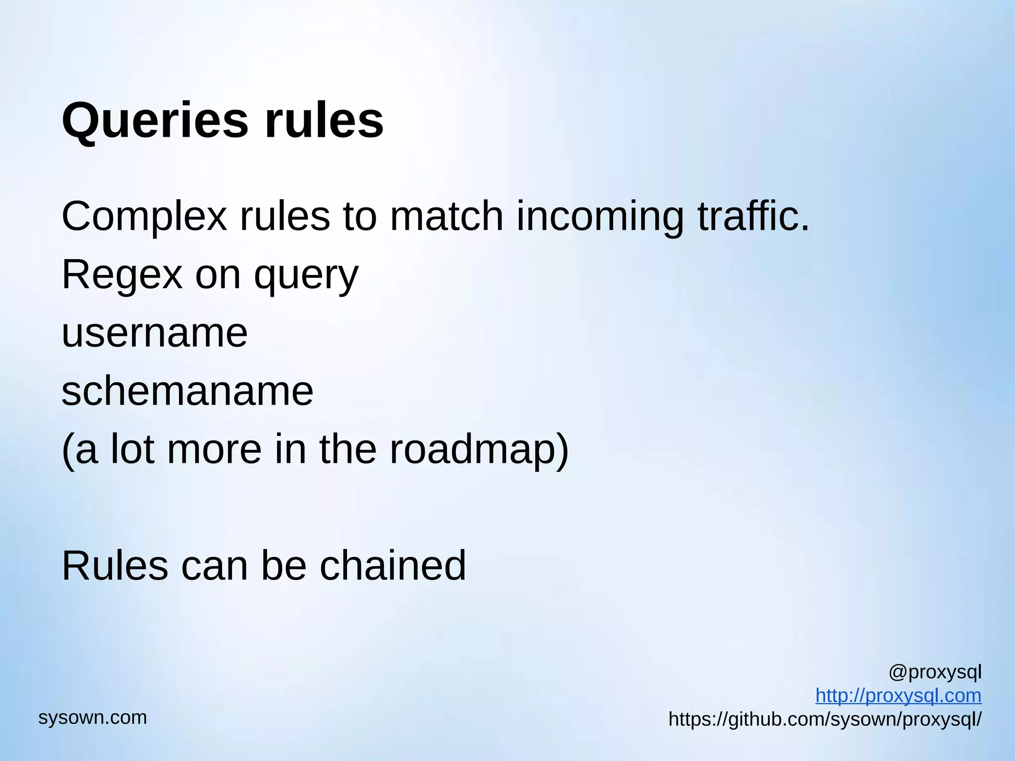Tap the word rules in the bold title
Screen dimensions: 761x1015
[x=324, y=120]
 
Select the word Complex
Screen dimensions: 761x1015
[x=144, y=217]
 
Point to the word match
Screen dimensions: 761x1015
[x=447, y=216]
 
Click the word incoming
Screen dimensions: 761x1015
[x=600, y=217]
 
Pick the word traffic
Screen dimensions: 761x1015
[x=753, y=216]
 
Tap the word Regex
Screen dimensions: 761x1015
[x=122, y=275]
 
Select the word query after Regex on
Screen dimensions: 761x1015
[x=306, y=276]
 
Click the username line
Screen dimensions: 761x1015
[x=155, y=333]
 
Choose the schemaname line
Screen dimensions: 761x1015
[x=187, y=391]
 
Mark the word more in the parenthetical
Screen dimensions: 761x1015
[x=214, y=450]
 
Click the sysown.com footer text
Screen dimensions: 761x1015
[x=93, y=717]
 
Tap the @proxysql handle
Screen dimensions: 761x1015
[x=935, y=672]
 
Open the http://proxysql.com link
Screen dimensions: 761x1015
[x=898, y=696]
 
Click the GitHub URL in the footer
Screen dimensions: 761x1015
[x=825, y=719]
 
